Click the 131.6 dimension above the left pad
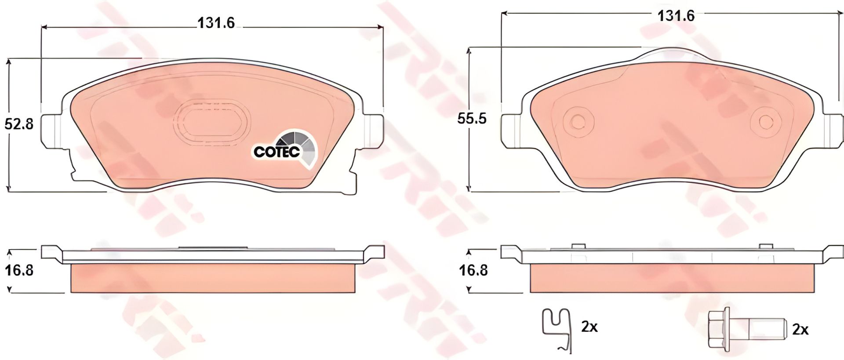[216, 23]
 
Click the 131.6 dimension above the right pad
[676, 16]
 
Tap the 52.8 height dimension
[19, 124]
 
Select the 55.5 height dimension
[472, 119]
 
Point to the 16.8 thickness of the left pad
[19, 270]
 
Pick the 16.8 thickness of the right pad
[473, 270]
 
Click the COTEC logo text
[277, 152]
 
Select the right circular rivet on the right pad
[766, 122]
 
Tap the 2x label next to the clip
[589, 327]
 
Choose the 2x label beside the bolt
[800, 330]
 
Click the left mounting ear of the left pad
[52, 130]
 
